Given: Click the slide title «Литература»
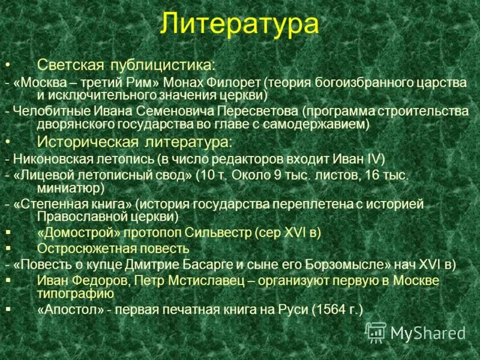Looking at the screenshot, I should click(x=239, y=25).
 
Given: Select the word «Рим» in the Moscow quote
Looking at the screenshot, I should click(x=146, y=82).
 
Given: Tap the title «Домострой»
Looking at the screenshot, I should click(x=76, y=233).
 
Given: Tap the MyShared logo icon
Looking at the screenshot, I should click(x=376, y=332).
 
